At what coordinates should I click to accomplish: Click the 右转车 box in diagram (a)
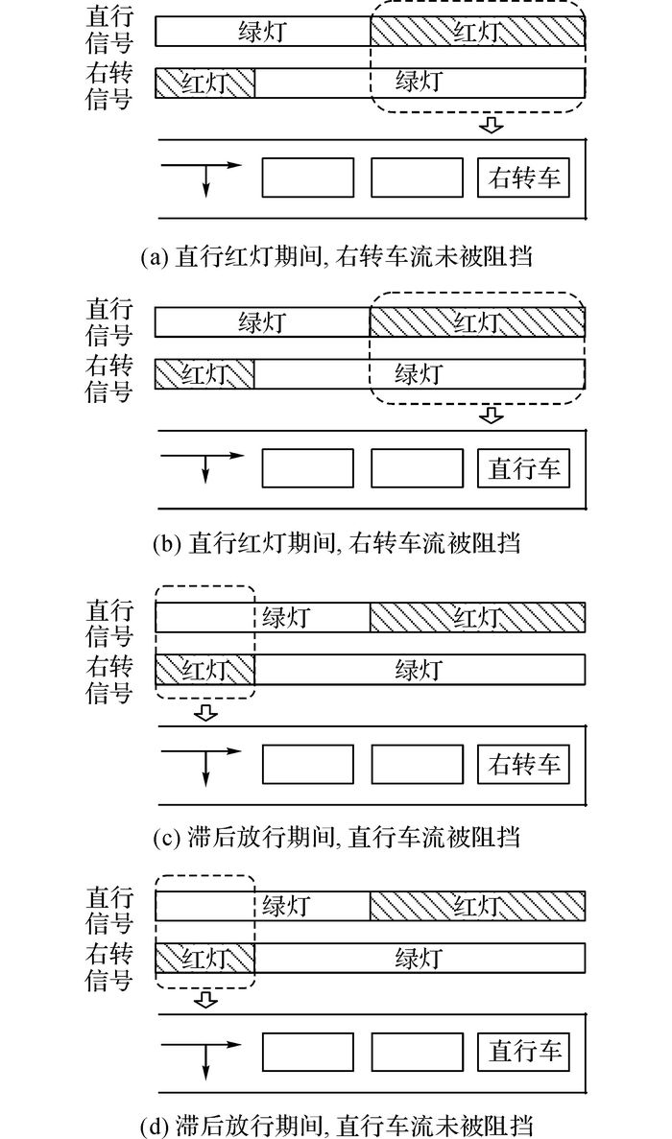(523, 178)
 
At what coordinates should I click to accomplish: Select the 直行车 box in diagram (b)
(523, 468)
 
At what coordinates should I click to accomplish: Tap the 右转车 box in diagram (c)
(523, 764)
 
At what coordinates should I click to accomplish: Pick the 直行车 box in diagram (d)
(523, 1051)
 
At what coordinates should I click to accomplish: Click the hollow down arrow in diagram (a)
(492, 125)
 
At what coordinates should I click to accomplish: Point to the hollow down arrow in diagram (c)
(207, 712)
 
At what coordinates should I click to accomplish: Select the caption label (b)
(168, 543)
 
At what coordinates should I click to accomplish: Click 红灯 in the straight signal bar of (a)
(477, 32)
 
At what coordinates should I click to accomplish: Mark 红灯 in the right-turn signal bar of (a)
(204, 83)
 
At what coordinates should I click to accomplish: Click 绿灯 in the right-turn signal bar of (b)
(419, 374)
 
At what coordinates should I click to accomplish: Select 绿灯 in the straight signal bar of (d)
(285, 906)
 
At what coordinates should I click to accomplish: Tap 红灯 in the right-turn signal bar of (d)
(204, 959)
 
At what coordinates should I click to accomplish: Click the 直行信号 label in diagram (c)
(109, 624)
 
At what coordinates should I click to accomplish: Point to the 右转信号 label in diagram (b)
(109, 378)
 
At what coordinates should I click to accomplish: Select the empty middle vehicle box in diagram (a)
(417, 178)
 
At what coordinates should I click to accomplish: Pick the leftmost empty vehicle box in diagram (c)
(308, 764)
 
